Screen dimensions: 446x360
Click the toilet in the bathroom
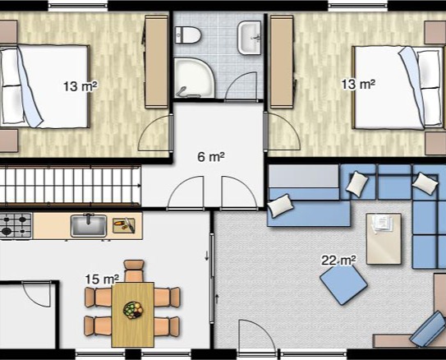pyautogui.click(x=188, y=35)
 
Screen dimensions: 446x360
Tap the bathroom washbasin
pyautogui.click(x=249, y=37)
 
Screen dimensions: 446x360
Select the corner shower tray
pyautogui.click(x=194, y=77)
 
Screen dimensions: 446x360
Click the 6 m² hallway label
pyautogui.click(x=211, y=157)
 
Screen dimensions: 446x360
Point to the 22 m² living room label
pyautogui.click(x=338, y=260)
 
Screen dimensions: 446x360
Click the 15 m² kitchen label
pyautogui.click(x=102, y=279)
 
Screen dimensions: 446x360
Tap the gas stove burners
pyautogui.click(x=16, y=225)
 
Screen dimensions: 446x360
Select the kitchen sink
pyautogui.click(x=89, y=226)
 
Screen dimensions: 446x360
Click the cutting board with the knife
pyautogui.click(x=124, y=225)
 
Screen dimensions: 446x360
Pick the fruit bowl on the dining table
pyautogui.click(x=133, y=310)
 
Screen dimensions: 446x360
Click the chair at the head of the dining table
pyautogui.click(x=134, y=270)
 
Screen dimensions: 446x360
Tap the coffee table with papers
pyautogui.click(x=384, y=238)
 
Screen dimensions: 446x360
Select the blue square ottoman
pyautogui.click(x=343, y=284)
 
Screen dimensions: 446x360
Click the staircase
pyautogui.click(x=71, y=186)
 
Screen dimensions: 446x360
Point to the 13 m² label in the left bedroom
pyautogui.click(x=80, y=85)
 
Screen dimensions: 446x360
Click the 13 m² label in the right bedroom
pyautogui.click(x=358, y=84)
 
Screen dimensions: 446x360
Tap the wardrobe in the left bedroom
pyautogui.click(x=156, y=62)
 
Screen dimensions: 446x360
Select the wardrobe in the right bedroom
pyautogui.click(x=282, y=62)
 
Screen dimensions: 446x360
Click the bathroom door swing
pyautogui.click(x=241, y=85)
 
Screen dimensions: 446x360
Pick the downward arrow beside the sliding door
pyautogui.click(x=207, y=256)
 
